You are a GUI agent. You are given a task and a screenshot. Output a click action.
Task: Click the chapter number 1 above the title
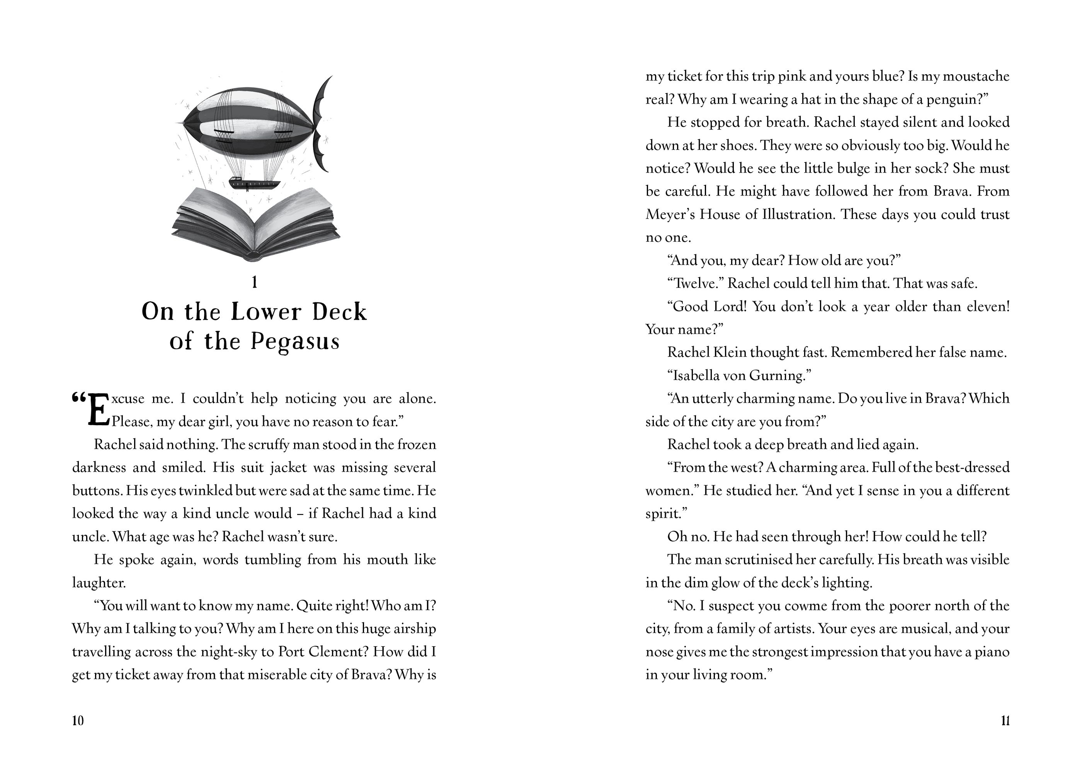click(x=255, y=282)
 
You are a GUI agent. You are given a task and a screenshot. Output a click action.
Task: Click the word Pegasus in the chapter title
click(x=294, y=341)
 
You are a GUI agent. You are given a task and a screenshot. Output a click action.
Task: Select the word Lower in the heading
click(x=266, y=312)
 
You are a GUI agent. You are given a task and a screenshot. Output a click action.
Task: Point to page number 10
click(x=78, y=721)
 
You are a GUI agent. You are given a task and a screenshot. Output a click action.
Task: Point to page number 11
click(x=1005, y=721)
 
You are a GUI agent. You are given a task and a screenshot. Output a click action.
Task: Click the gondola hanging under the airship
click(x=255, y=183)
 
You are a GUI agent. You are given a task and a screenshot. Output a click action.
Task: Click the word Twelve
click(x=695, y=283)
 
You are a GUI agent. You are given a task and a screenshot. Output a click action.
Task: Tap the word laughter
click(x=99, y=583)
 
